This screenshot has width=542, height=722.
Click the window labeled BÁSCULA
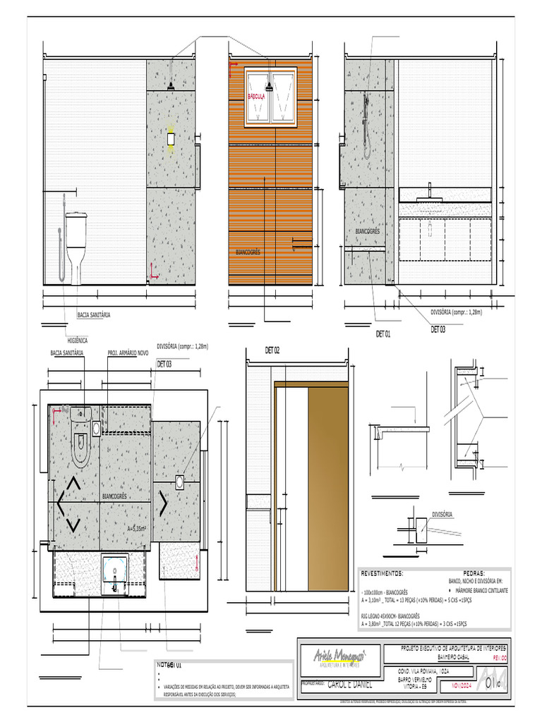(x=270, y=97)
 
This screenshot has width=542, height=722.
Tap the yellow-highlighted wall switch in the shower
(x=170, y=140)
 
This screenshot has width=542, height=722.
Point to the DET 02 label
(x=272, y=350)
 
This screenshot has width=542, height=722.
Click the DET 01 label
(x=383, y=333)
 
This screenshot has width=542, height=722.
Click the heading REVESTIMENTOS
(x=382, y=573)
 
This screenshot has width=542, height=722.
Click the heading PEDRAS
(x=474, y=573)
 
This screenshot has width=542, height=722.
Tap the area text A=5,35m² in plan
(x=136, y=527)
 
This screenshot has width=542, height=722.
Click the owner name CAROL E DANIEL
(x=349, y=684)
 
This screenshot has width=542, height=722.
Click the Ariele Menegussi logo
(x=339, y=657)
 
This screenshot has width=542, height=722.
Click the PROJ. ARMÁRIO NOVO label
(x=128, y=352)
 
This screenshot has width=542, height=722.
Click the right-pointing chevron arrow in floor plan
(x=163, y=502)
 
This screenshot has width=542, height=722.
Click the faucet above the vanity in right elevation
(x=429, y=190)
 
